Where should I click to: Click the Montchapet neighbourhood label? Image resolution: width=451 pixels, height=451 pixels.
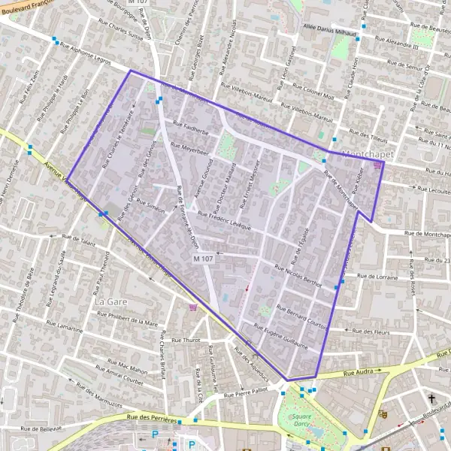[x=368, y=154]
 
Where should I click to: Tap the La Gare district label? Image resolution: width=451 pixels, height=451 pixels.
[x=109, y=301]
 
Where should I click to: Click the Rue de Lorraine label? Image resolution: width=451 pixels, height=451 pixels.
[x=377, y=277]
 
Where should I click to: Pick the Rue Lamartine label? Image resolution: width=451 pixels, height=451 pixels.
[x=65, y=328]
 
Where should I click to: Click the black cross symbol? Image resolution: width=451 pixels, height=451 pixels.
[x=431, y=398]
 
